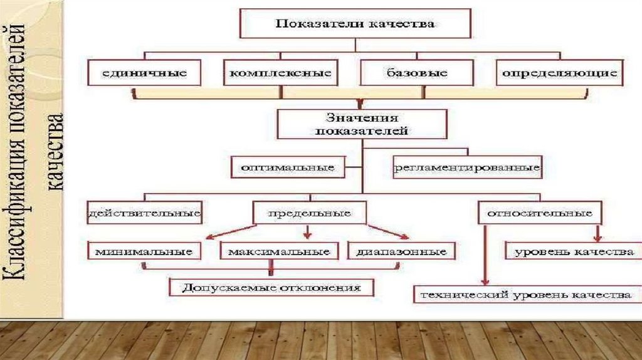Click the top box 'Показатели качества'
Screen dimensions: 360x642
tap(355, 24)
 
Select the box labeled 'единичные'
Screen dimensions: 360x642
tap(145, 73)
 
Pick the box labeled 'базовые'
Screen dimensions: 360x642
tap(417, 73)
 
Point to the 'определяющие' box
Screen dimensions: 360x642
tap(559, 73)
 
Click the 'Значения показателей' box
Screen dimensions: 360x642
tap(362, 124)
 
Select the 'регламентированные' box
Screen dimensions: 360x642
tap(467, 168)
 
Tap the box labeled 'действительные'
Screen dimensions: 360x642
tap(145, 213)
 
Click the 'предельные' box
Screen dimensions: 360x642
tap(308, 213)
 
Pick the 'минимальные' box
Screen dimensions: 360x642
tap(144, 251)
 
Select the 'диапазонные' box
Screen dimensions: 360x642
tap(401, 251)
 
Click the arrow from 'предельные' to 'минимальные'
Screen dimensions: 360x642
tap(232, 231)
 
